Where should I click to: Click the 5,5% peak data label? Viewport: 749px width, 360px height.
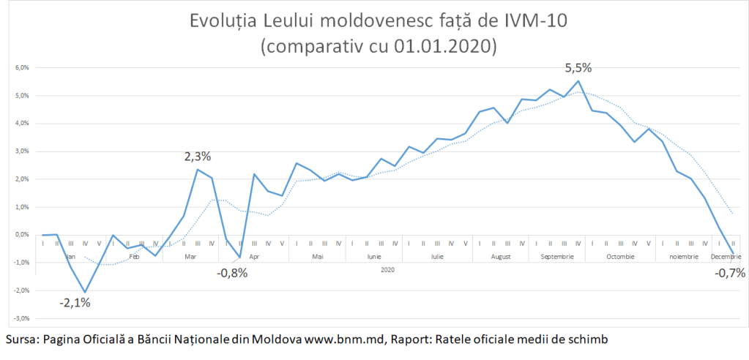(x=578, y=68)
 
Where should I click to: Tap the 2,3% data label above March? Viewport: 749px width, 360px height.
(x=197, y=156)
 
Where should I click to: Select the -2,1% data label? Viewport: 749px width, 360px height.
(x=75, y=302)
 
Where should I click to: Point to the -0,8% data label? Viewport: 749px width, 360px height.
(x=232, y=274)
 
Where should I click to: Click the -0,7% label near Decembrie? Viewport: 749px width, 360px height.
(x=730, y=273)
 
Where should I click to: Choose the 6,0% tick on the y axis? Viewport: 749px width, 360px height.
(x=21, y=68)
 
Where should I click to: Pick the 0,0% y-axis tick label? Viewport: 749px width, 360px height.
(x=21, y=235)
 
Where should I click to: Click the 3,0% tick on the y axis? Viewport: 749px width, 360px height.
(x=21, y=151)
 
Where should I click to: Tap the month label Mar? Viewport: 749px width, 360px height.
(x=190, y=257)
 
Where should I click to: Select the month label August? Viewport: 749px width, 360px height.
(x=501, y=257)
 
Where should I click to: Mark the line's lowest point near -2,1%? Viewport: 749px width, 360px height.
(x=86, y=292)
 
